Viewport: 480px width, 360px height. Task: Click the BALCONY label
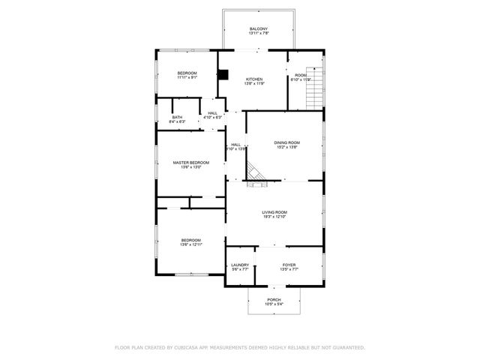coord(259,28)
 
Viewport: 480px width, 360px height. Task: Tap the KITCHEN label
coord(254,79)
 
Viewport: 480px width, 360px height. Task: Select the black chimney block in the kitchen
coord(223,75)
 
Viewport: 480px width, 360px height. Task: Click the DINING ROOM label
coord(286,142)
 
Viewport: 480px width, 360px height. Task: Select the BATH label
coord(177,116)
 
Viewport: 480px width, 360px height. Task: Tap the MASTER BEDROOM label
coord(190,163)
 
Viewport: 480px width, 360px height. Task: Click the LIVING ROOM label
coord(274,212)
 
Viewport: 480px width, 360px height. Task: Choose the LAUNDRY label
coord(240,265)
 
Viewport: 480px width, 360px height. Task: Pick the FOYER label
coord(289,265)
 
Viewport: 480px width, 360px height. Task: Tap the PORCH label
coord(274,299)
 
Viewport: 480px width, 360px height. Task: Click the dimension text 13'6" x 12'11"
coord(190,244)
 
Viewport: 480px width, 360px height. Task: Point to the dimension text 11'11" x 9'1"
coord(187,77)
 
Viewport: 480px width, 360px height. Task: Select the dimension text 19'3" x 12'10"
coord(274,217)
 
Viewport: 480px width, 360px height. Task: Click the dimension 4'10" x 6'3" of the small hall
coord(213,118)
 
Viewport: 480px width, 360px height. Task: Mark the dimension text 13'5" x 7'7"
coord(289,270)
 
